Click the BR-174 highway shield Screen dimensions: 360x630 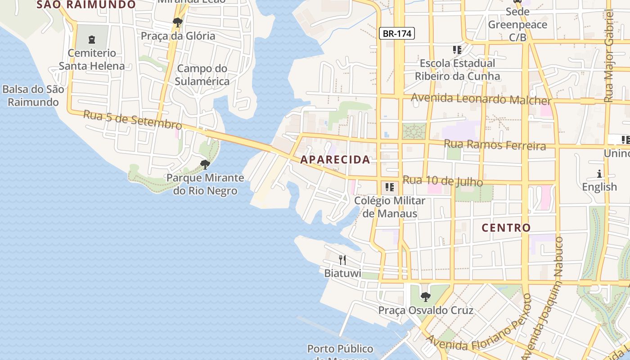point(396,33)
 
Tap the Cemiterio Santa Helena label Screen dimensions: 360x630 point(92,59)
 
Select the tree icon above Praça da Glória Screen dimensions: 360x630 point(177,22)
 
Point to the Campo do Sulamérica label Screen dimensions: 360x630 point(202,75)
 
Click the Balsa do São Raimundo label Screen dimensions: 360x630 point(33,95)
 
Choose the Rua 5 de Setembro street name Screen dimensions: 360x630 point(132,120)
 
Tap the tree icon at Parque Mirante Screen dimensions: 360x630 point(205,164)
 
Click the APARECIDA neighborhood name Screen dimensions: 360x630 point(335,159)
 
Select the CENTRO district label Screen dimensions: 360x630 point(506,228)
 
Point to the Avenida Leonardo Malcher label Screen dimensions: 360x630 point(481,99)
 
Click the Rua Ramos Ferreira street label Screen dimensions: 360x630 point(495,144)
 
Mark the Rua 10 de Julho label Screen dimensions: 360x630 point(443,181)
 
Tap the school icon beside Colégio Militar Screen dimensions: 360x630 point(390,187)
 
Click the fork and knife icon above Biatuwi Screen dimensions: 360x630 point(342,260)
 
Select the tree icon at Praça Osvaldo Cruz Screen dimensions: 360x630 point(425,297)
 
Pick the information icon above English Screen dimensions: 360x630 point(599,174)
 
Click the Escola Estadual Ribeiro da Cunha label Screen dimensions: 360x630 point(457,69)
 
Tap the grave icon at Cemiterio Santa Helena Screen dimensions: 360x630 point(92,40)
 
